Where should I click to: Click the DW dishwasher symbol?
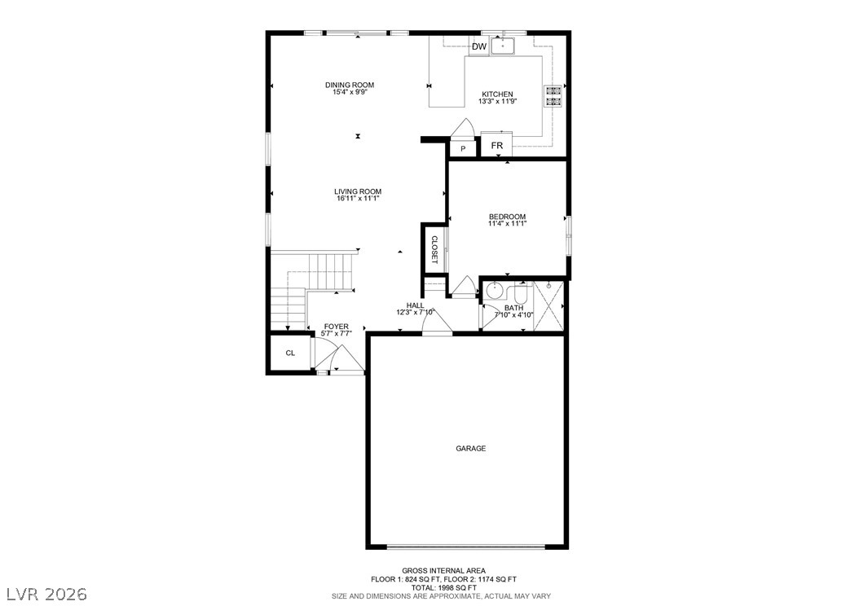tap(479, 46)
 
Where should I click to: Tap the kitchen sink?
tap(502, 46)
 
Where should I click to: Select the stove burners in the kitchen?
tap(553, 96)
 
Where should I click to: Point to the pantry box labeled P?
tap(463, 148)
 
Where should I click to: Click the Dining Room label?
tap(350, 85)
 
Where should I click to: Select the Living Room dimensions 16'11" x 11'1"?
tap(359, 199)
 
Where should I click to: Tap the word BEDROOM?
tap(507, 216)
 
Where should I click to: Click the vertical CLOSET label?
tap(434, 249)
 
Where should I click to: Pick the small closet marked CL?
tap(290, 353)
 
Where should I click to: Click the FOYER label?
tap(336, 327)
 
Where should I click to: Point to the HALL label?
tap(416, 305)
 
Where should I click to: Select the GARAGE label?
tap(470, 448)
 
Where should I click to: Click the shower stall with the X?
tap(548, 305)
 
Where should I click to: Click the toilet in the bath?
tap(521, 293)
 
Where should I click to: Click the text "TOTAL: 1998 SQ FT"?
tap(443, 587)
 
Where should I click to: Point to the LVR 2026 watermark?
tap(47, 594)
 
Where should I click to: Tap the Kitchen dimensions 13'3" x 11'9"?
tap(497, 101)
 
